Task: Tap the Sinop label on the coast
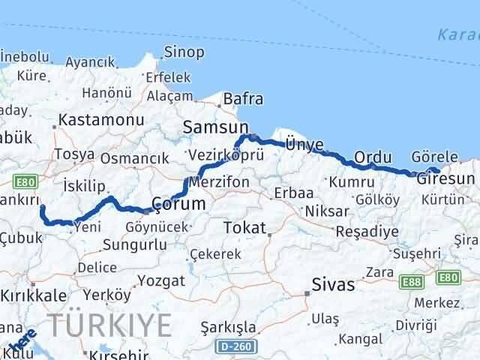click(x=184, y=52)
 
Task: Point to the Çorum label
click(x=178, y=204)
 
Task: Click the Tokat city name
click(x=244, y=227)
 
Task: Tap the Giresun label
click(x=447, y=178)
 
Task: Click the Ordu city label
click(x=373, y=157)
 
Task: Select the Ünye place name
click(x=304, y=145)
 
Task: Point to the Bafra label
click(x=243, y=98)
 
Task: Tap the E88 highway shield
click(x=410, y=281)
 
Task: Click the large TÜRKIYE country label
click(x=110, y=324)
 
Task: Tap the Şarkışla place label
click(x=229, y=328)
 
